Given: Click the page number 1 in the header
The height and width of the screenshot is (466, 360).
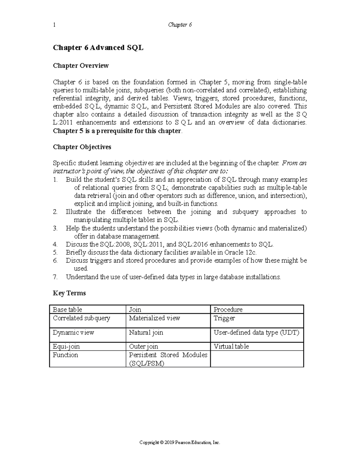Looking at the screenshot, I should pos(54,25).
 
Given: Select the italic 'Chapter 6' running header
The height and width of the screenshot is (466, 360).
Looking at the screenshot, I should pos(180,25).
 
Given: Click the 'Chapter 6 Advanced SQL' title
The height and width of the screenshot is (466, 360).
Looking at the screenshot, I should pos(98,48).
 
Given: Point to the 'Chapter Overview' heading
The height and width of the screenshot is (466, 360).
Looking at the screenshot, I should pos(81,65).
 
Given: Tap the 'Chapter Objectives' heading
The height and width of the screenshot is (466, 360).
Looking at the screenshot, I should pos(82,147).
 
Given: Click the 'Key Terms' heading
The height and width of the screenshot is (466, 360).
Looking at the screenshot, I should pos(69,293).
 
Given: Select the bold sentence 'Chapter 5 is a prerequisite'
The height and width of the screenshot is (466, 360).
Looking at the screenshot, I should pos(117,131).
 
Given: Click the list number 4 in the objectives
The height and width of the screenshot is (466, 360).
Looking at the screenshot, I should pos(55,244).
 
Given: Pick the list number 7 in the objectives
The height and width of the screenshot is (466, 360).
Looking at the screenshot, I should pos(55,277).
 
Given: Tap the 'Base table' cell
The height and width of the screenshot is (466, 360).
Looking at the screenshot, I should pos(67,309).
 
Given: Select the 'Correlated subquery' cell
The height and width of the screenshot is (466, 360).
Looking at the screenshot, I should pos(82,318).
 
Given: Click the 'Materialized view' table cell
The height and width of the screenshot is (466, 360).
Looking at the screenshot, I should pos(154,318).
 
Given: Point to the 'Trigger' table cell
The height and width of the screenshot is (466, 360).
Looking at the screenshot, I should pos(224,318).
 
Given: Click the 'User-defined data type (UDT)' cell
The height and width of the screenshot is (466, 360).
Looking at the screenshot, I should pos(256,332).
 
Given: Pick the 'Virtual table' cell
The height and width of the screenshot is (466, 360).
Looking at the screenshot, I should pos(231,347).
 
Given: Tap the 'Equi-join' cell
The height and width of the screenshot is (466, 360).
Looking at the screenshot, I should pos(66,347).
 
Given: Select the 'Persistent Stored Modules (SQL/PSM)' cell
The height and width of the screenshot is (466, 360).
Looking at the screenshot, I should pos(168,359).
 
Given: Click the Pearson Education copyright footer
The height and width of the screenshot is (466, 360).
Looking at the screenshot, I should pos(180,443).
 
